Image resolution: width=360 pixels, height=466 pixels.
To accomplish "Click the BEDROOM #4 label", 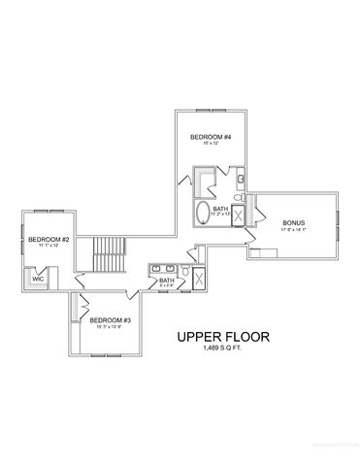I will coord(209,137).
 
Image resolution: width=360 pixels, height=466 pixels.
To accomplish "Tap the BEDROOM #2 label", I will coord(48,239).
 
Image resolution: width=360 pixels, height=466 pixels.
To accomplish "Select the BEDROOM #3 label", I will coord(110,319).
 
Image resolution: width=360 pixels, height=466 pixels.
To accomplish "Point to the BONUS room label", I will coord(295,223).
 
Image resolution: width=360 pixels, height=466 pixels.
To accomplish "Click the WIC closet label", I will coord(38,278).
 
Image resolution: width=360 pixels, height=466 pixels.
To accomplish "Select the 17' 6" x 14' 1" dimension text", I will coord(295,231).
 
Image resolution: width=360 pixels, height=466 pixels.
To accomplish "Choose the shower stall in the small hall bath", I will coord(198,280).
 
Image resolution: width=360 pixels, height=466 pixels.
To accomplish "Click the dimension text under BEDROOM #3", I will coord(110,327).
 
